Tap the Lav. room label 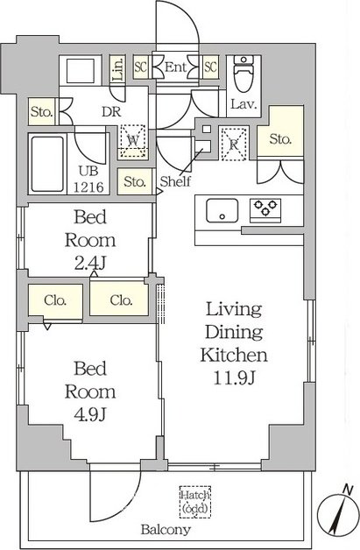coord(244,104)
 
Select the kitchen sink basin coord(222,210)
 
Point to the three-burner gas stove coord(265,210)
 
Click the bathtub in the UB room coord(47,164)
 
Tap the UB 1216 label coord(88,180)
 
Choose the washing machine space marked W coord(132,141)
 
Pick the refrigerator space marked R coord(233,144)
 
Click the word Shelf coord(175,181)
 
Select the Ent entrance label coord(175,67)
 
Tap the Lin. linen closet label coord(118,68)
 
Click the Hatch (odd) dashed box coord(195,502)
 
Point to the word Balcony coord(166,529)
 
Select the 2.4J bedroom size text coord(90,263)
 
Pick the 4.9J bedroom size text coord(90,415)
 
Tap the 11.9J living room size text coord(234,377)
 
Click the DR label coord(111,112)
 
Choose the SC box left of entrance coord(141,67)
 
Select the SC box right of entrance coord(210,67)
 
